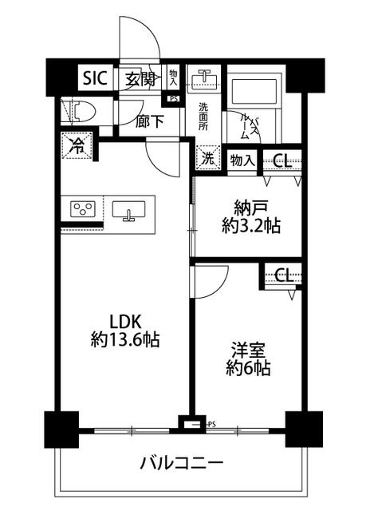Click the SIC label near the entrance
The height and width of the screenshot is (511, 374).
pyautogui.click(x=95, y=78)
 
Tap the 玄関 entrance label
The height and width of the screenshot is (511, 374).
pyautogui.click(x=140, y=78)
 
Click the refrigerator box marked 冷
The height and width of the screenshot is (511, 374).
pyautogui.click(x=77, y=145)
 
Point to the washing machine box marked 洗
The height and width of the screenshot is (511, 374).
pyautogui.click(x=208, y=157)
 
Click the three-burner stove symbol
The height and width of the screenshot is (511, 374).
pyautogui.click(x=83, y=209)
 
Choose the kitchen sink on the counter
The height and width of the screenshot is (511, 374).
pyautogui.click(x=128, y=210)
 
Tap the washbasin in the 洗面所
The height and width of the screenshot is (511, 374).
pyautogui.click(x=204, y=77)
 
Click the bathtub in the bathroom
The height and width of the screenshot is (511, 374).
pyautogui.click(x=254, y=89)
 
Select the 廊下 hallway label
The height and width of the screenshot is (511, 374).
pyautogui.click(x=149, y=122)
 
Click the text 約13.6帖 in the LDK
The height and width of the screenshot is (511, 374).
pyautogui.click(x=125, y=340)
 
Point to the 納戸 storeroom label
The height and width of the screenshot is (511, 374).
pyautogui.click(x=251, y=208)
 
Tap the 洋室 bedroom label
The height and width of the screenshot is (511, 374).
pyautogui.click(x=248, y=351)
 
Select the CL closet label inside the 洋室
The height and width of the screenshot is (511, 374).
pyautogui.click(x=284, y=275)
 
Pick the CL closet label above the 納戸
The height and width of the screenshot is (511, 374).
pyautogui.click(x=281, y=161)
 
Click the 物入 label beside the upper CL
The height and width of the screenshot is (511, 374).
pyautogui.click(x=242, y=160)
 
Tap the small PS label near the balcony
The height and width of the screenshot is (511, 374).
pyautogui.click(x=212, y=424)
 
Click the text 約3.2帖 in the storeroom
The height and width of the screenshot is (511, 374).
pyautogui.click(x=251, y=225)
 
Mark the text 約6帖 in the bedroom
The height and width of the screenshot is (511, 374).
pyautogui.click(x=248, y=368)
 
